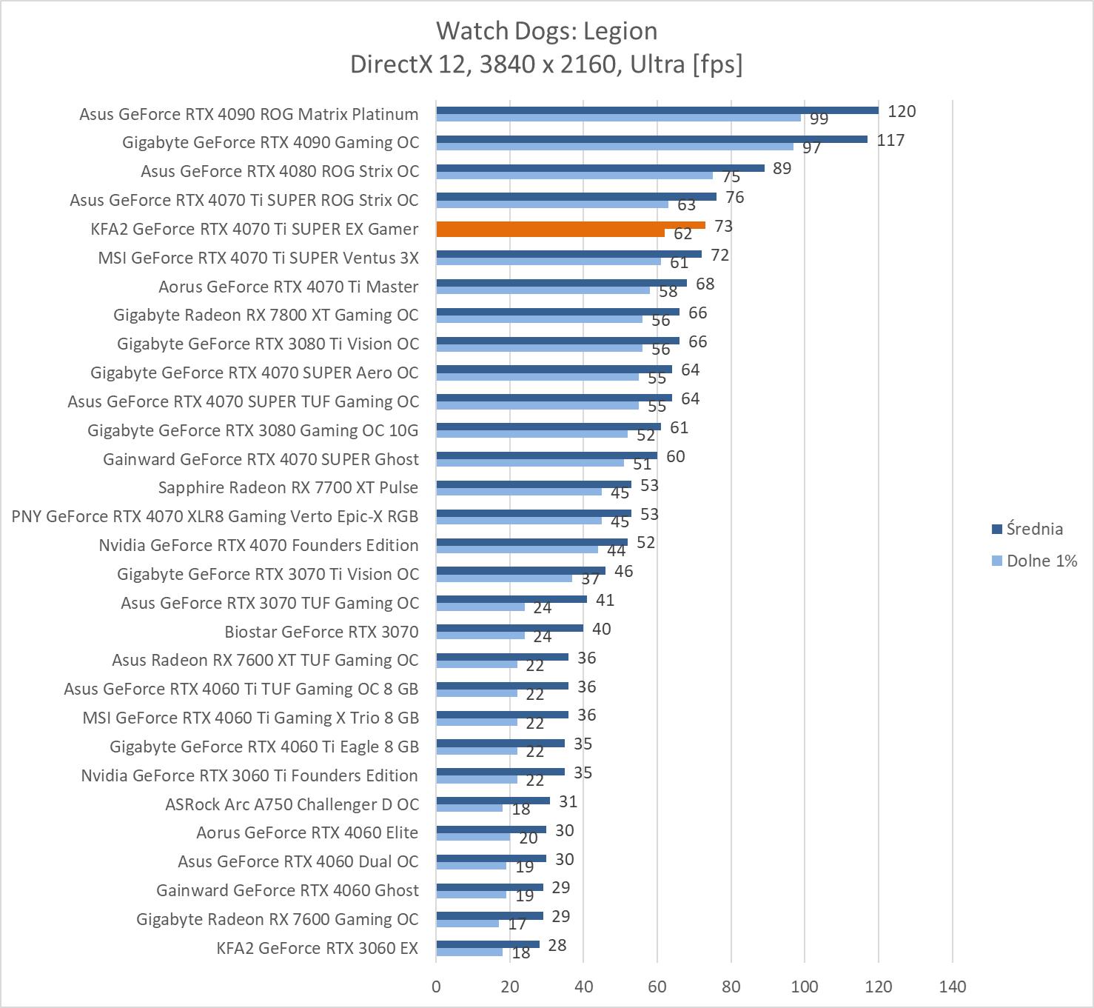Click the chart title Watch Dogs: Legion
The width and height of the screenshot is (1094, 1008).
click(x=546, y=31)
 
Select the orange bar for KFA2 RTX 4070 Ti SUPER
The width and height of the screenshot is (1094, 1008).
click(x=570, y=226)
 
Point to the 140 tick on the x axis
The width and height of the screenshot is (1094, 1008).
click(x=952, y=987)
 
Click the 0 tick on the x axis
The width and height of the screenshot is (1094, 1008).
click(x=436, y=987)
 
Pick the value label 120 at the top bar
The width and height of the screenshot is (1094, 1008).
click(x=902, y=112)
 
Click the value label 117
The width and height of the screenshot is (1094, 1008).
click(x=890, y=141)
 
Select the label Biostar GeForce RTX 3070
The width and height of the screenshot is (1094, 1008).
click(x=321, y=632)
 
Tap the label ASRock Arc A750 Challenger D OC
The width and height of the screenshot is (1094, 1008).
click(x=292, y=804)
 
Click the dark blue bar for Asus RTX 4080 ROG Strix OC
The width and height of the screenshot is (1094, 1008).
click(x=600, y=168)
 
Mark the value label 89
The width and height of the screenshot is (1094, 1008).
click(x=782, y=169)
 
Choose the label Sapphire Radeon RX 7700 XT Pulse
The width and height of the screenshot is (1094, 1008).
click(x=288, y=487)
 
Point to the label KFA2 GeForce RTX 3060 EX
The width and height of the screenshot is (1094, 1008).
click(x=317, y=948)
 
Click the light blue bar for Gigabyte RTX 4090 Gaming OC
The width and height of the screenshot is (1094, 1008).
click(x=614, y=147)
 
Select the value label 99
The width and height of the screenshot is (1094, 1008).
click(x=819, y=119)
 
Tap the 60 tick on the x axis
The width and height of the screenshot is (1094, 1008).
click(x=657, y=987)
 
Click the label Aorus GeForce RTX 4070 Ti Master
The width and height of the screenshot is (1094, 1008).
click(x=288, y=287)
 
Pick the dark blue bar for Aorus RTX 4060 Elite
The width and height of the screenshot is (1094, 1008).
click(x=491, y=830)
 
